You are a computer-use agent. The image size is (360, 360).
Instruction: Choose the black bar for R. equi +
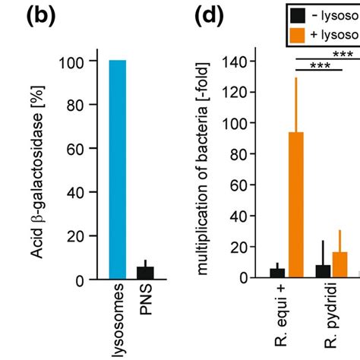pyautogui.click(x=277, y=273)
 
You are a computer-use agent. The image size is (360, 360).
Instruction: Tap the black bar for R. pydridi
pyautogui.click(x=323, y=271)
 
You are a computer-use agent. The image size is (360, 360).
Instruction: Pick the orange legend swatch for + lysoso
pyautogui.click(x=298, y=35)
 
